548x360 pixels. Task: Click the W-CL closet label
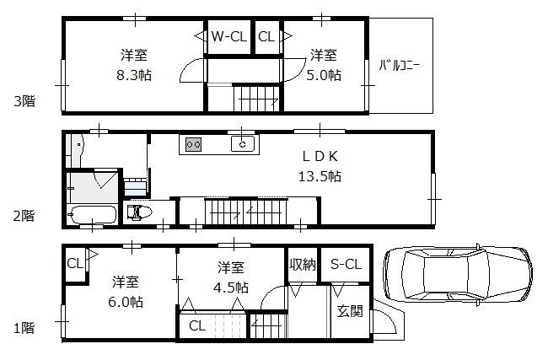228,36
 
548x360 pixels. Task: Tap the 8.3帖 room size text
134,75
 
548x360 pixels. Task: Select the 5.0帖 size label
325,75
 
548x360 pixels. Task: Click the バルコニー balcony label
400,64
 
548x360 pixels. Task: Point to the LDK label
320,156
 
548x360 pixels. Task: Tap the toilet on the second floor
139,212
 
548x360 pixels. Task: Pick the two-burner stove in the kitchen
193,144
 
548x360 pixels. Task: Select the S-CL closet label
345,265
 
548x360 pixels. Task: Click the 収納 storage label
303,265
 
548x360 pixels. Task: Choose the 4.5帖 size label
231,287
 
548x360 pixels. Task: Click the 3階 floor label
24,101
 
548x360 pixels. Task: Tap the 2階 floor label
24,216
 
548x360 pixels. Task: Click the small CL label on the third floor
265,36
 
